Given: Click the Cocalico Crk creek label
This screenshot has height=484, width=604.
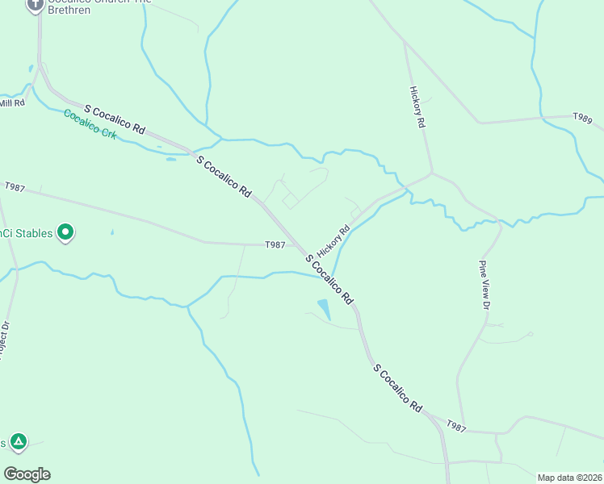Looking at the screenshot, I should tap(90, 124).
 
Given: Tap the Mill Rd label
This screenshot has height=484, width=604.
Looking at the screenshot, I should tap(12, 103).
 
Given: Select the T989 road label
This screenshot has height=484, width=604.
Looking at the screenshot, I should tap(582, 118).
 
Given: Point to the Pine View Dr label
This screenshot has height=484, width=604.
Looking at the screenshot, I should tap(484, 285).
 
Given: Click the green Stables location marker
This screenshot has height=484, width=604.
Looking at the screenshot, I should tap(66, 233).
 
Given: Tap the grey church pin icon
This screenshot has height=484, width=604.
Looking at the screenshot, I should tap(36, 5).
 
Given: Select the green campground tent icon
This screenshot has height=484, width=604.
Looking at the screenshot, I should tap(19, 442).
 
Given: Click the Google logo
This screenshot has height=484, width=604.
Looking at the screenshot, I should tap(27, 474).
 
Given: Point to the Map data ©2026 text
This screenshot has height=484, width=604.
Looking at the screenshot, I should tap(569, 478).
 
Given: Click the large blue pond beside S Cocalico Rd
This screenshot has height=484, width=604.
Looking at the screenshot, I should tap(325, 308).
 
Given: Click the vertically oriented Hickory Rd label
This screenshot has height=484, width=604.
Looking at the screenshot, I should tap(417, 107).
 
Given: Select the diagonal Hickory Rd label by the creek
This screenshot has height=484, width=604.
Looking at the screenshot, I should tap(334, 240).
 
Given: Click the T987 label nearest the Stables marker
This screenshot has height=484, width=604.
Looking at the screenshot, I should tap(275, 244).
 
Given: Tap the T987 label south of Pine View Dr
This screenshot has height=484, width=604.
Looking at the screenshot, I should tap(456, 426).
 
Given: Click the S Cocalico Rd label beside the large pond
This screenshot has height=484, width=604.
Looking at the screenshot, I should tap(329, 279).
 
